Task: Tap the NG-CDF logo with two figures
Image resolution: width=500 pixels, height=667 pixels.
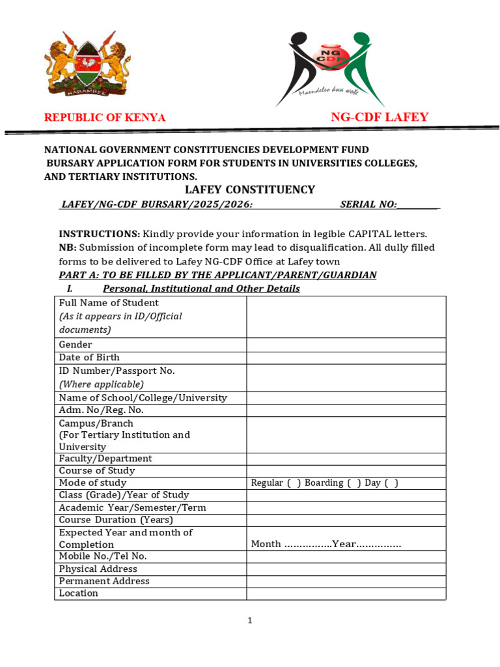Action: tap(329, 68)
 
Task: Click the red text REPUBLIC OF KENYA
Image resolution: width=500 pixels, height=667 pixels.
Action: tap(104, 118)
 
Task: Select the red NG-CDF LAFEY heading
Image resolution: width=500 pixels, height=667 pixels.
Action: tap(380, 117)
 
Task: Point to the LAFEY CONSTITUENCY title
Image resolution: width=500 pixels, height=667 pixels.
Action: tap(250, 190)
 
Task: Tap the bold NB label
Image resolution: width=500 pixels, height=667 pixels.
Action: tap(68, 248)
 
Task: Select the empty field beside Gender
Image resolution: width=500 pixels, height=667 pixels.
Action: tap(346, 345)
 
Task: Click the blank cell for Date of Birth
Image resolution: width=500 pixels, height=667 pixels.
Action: tap(346, 358)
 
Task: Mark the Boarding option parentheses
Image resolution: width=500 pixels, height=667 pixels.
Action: tap(354, 483)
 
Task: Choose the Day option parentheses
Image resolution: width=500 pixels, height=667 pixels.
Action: tap(391, 483)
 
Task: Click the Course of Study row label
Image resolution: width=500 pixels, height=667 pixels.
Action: tap(97, 471)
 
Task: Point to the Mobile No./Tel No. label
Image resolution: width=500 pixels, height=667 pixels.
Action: tap(103, 556)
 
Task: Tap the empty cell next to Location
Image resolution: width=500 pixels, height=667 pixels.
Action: tap(346, 593)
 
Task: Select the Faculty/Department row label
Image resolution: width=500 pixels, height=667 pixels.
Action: tap(105, 459)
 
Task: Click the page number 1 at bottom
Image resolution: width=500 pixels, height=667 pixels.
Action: tap(250, 621)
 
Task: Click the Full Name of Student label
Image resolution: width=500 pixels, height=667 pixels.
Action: tap(109, 303)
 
